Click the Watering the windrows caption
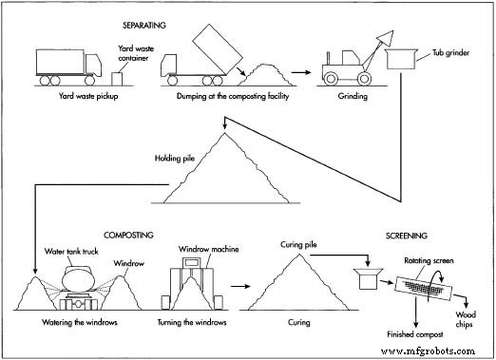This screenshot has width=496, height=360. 70,321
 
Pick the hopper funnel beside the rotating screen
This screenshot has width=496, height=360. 364,279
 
